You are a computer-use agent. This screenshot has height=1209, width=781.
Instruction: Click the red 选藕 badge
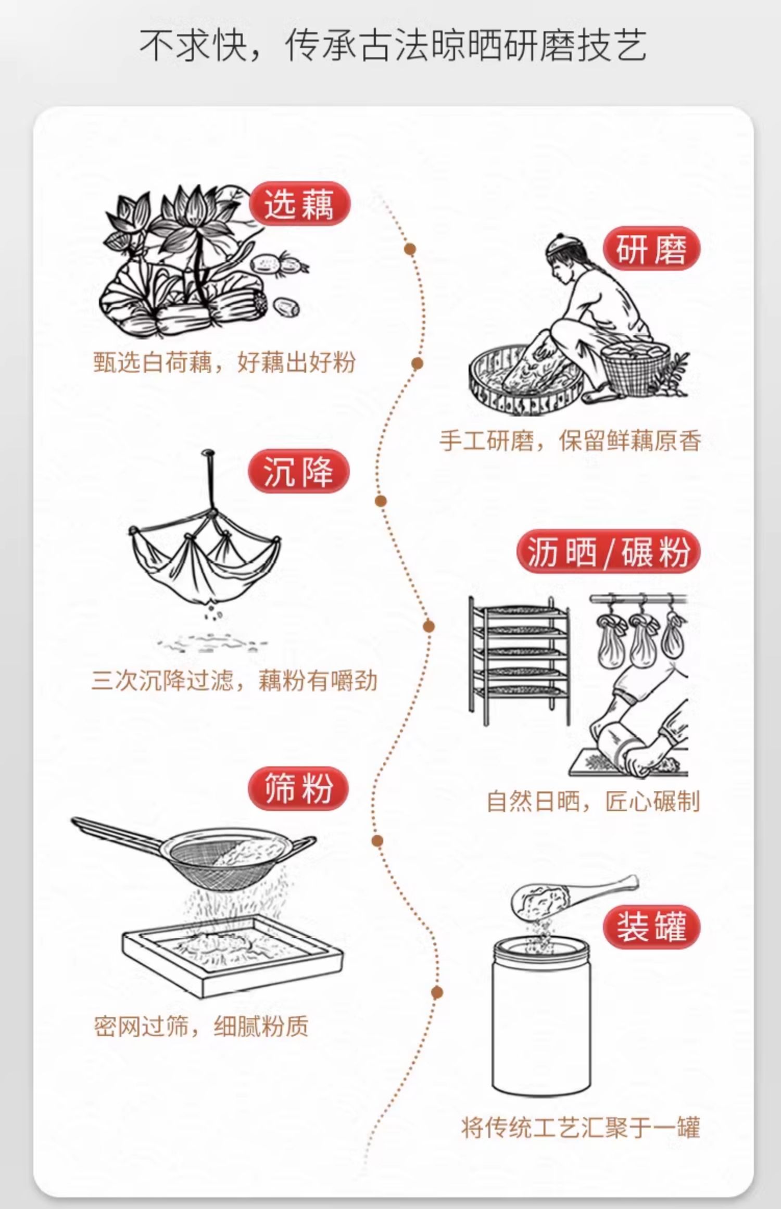tap(299, 204)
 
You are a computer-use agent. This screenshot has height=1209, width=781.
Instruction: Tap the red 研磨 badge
tap(651, 249)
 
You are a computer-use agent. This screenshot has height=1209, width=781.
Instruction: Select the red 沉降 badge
tap(298, 471)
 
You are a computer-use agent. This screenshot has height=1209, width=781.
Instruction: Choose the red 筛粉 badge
tap(298, 788)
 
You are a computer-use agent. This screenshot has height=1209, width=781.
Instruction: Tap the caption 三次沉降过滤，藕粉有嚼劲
tap(234, 681)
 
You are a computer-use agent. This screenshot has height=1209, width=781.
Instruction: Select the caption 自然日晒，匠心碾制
tap(593, 801)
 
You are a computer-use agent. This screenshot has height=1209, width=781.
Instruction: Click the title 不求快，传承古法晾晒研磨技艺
tap(393, 46)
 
